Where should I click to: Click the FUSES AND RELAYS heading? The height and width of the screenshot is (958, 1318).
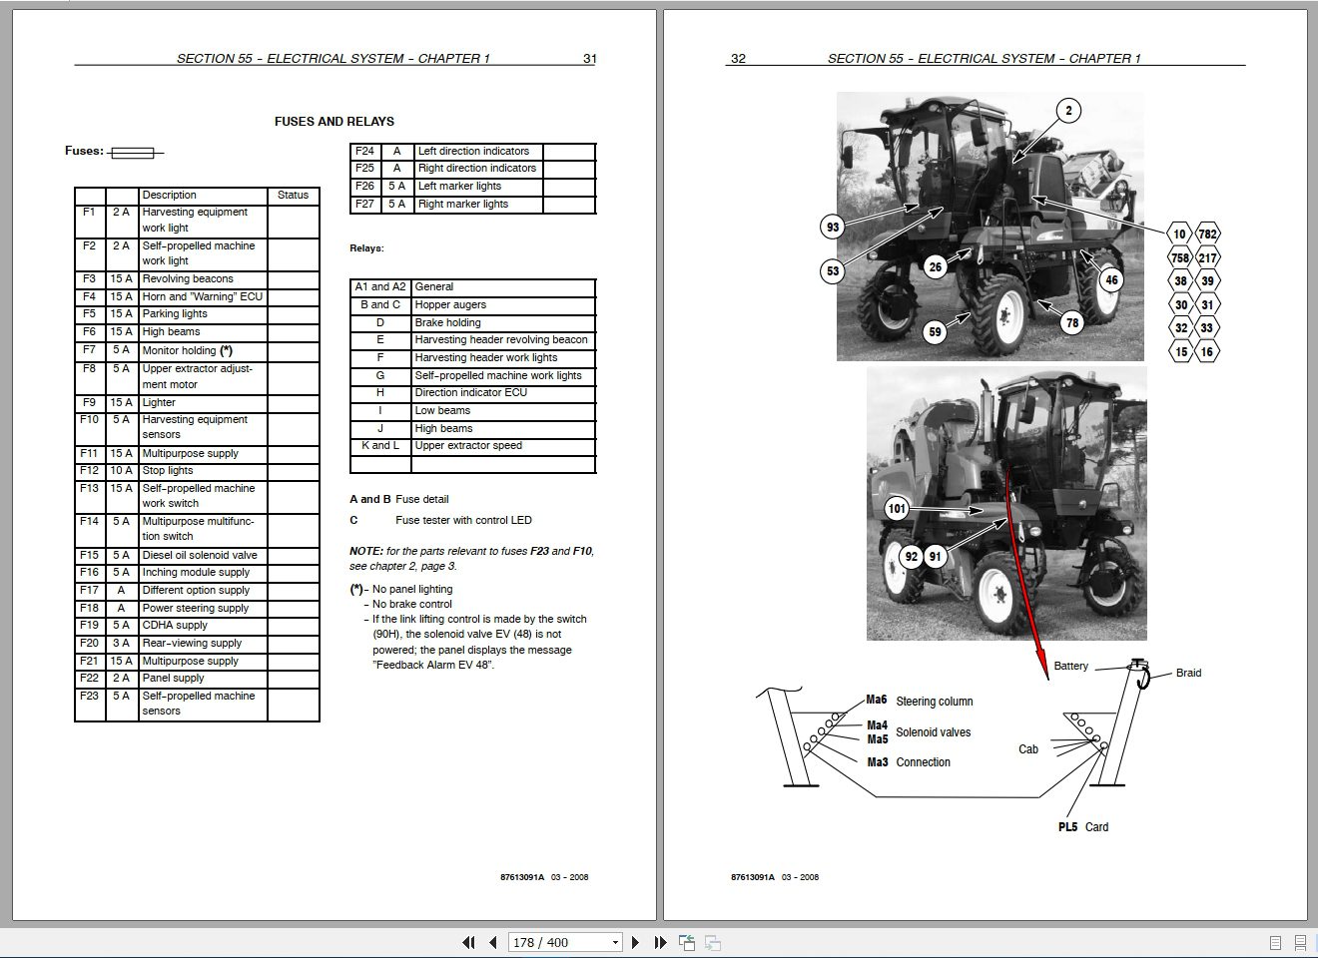[x=333, y=122]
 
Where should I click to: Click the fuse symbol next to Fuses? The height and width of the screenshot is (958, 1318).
[x=133, y=153]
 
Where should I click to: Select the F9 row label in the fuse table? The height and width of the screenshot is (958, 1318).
[x=90, y=402]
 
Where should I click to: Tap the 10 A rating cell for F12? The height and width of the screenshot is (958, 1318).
[x=121, y=470]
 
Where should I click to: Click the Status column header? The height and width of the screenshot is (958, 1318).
[x=293, y=196]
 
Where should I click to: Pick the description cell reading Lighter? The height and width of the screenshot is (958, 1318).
[x=159, y=402]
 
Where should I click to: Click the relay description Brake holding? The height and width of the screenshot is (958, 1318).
[x=447, y=323]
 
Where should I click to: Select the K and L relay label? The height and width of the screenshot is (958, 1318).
[x=379, y=446]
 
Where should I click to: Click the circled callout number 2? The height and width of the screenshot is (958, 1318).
[x=1068, y=111]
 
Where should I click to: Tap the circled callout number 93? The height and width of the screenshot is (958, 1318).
[x=833, y=228]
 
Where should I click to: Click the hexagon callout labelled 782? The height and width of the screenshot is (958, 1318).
[x=1207, y=235]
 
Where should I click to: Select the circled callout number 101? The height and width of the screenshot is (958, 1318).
[x=897, y=509]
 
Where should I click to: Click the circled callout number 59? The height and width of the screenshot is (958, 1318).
[x=935, y=332]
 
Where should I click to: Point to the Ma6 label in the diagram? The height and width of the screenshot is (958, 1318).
[x=877, y=701]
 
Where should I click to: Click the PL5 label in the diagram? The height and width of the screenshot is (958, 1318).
[x=1067, y=827]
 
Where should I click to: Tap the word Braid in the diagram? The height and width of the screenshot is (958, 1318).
[x=1188, y=673]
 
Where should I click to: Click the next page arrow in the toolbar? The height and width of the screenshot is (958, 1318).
[x=635, y=942]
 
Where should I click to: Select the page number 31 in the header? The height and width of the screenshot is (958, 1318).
[x=589, y=59]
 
